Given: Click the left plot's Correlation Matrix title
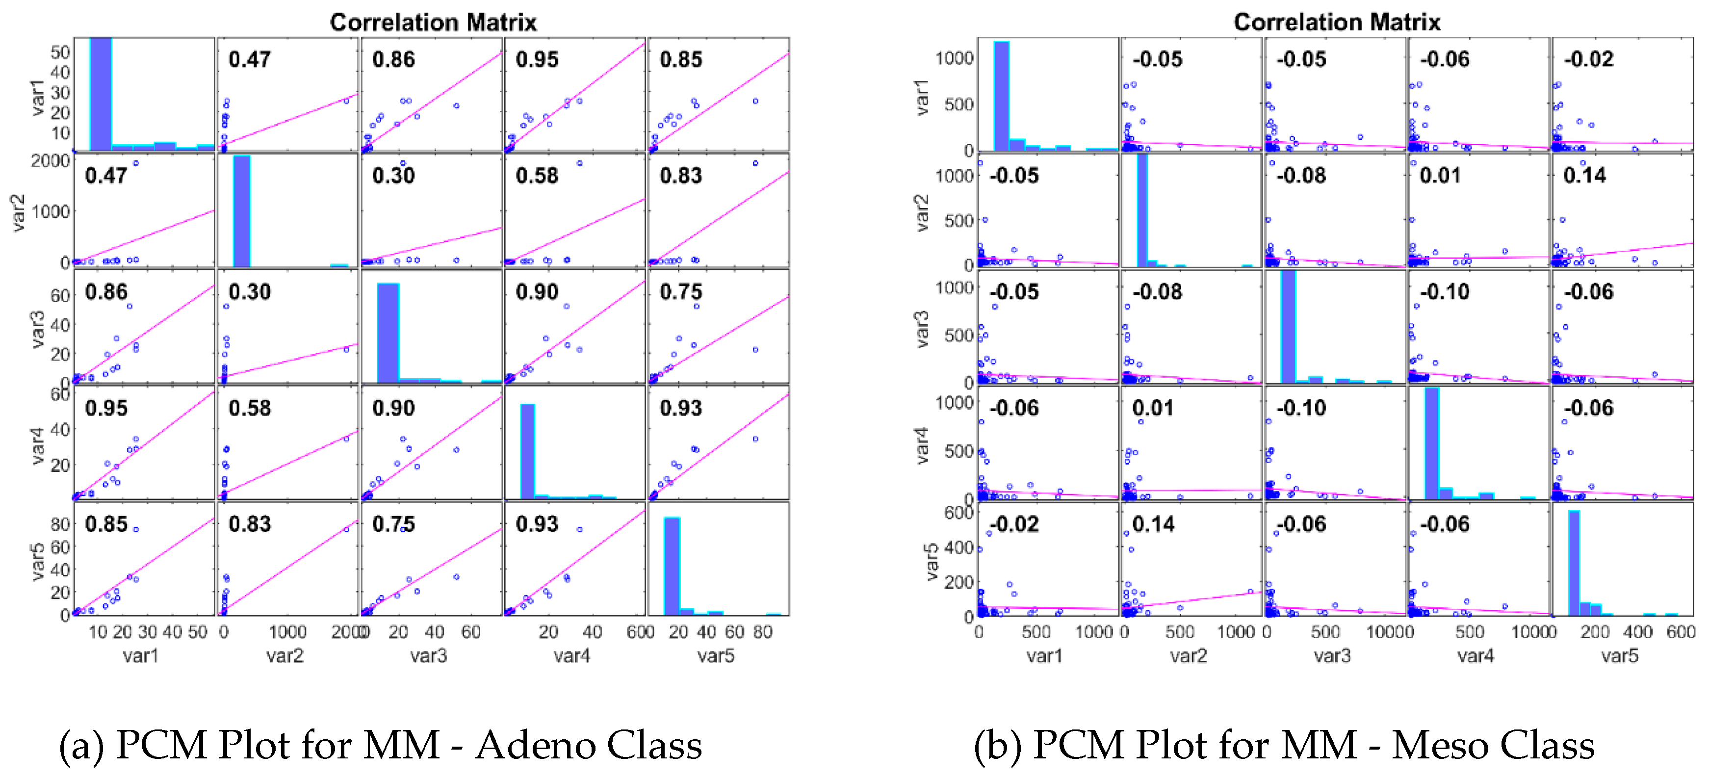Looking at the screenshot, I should click(433, 23).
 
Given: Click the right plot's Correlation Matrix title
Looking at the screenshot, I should click(1336, 23).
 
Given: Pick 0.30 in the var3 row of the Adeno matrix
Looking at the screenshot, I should click(250, 292).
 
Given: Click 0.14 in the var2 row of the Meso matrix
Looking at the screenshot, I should click(1584, 176).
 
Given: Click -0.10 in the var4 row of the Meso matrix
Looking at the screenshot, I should click(1300, 408).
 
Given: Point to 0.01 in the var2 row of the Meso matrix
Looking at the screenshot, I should click(1440, 176).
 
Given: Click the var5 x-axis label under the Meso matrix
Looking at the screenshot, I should click(1619, 656).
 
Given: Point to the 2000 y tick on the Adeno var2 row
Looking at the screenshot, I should click(51, 161).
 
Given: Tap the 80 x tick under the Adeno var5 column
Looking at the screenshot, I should click(762, 632).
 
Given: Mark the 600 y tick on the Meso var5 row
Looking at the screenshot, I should click(958, 513).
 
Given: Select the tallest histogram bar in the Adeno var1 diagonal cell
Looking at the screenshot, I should click(101, 93).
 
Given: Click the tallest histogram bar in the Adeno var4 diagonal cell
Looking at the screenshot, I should click(527, 451).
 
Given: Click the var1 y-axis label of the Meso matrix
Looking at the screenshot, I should click(922, 98).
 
